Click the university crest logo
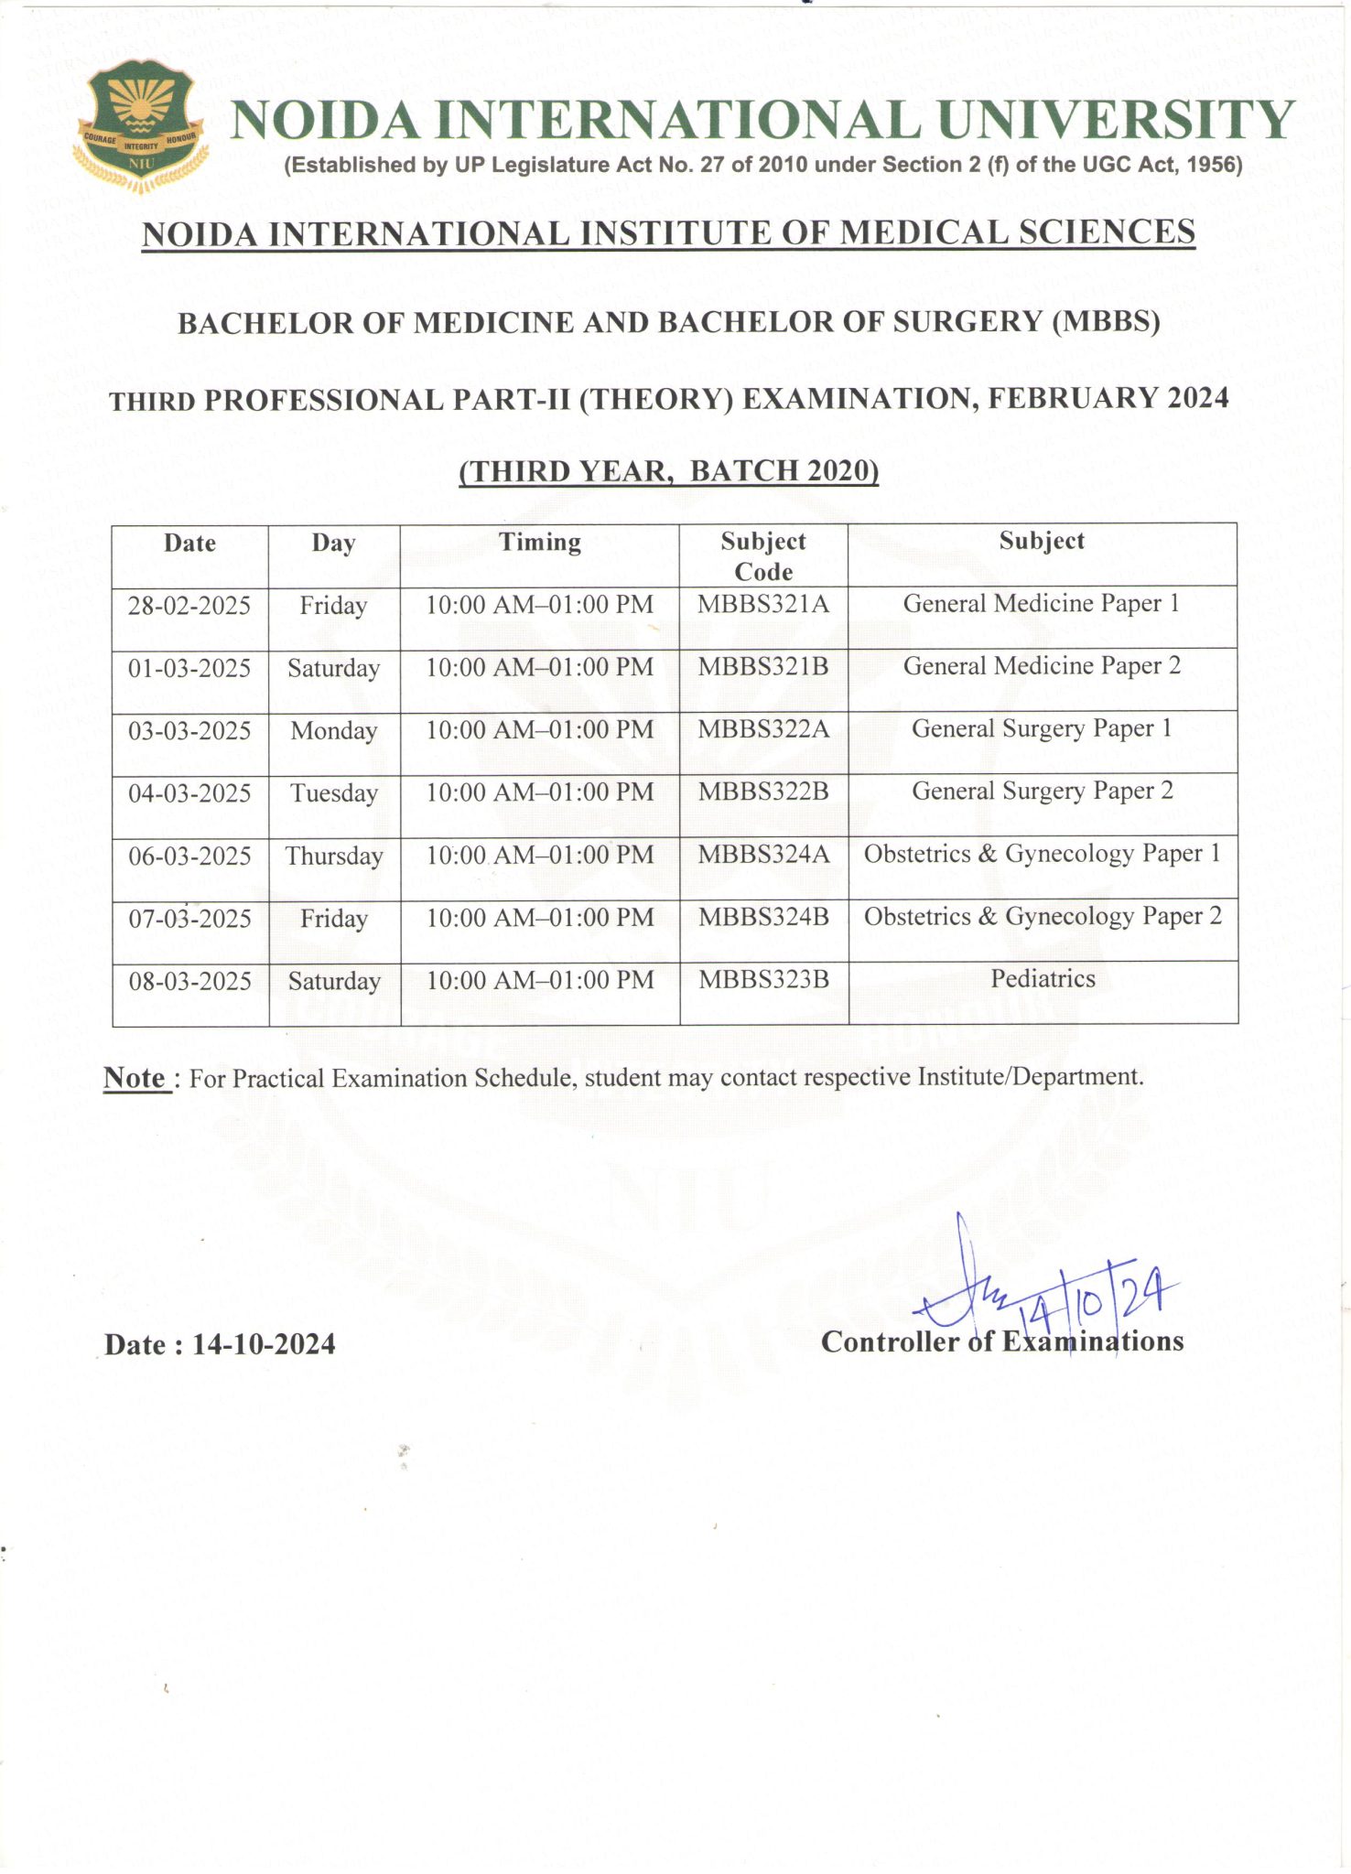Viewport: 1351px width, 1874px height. point(139,125)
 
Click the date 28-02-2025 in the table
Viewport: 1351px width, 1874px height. point(189,606)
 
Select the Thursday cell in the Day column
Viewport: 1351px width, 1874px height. point(334,856)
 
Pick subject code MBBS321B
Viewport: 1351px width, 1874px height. point(763,667)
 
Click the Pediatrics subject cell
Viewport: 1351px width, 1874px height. point(1043,979)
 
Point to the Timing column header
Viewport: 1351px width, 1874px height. point(540,543)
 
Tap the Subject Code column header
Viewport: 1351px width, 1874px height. point(763,556)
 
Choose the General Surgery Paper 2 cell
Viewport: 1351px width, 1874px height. point(1043,792)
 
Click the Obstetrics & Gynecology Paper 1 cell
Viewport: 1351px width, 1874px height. point(1043,854)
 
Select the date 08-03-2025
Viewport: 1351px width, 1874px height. point(190,982)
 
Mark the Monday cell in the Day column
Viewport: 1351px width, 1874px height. point(334,731)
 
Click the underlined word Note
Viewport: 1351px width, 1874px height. point(135,1078)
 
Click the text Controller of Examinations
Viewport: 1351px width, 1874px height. point(1002,1342)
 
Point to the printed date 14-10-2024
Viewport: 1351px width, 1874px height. point(264,1344)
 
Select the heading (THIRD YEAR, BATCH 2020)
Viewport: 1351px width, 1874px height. point(669,471)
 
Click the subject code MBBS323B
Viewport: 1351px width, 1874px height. point(763,980)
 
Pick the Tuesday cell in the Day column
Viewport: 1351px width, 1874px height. point(334,793)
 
